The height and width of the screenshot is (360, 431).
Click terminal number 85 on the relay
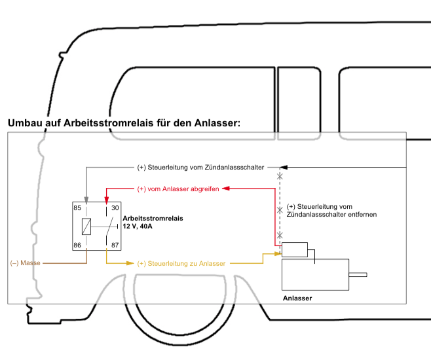point(77,208)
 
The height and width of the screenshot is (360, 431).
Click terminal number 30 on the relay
point(115,208)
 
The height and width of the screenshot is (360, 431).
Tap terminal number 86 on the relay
point(77,244)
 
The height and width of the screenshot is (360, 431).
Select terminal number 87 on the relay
point(115,244)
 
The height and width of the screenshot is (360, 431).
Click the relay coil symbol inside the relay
point(86,226)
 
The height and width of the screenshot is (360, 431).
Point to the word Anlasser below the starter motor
point(297,298)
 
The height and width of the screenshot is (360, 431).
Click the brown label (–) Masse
point(26,263)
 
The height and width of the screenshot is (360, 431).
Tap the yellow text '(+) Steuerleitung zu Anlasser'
point(181,263)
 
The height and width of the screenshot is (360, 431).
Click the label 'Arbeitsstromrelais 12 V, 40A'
point(153,222)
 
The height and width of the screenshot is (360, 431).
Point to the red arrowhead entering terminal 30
point(106,198)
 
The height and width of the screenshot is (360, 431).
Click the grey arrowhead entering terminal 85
point(86,198)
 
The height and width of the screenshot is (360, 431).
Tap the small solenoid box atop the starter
point(294,249)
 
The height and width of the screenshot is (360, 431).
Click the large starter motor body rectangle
point(314,274)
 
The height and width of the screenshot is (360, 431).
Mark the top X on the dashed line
point(280,175)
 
